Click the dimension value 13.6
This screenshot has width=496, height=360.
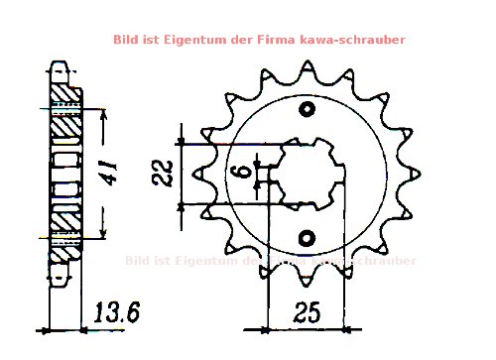pyautogui.click(x=116, y=313)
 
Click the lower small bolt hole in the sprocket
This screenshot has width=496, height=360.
pyautogui.click(x=307, y=237)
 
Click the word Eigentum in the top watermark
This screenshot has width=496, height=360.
pyautogui.click(x=207, y=40)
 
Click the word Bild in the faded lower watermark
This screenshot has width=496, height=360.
pyautogui.click(x=141, y=261)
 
